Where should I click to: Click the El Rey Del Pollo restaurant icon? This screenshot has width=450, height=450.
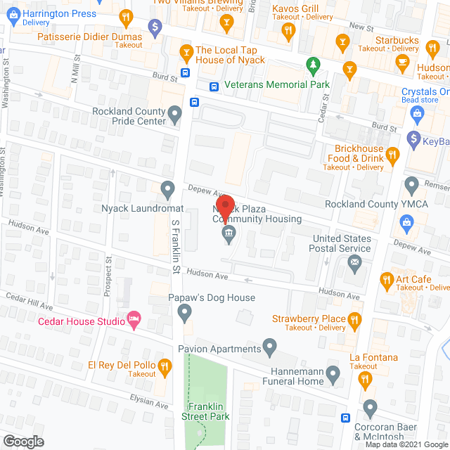click(165, 365)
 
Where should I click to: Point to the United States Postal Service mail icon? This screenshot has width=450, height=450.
click(354, 265)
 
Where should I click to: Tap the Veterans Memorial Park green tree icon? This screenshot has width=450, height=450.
click(314, 66)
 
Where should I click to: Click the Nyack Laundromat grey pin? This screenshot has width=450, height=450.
click(167, 188)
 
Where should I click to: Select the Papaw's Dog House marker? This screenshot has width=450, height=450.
click(184, 310)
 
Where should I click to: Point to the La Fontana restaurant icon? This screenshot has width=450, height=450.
click(364, 379)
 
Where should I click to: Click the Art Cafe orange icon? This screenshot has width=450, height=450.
click(386, 281)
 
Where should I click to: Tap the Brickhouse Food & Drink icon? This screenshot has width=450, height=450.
click(393, 154)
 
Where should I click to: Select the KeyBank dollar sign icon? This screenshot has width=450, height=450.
click(414, 139)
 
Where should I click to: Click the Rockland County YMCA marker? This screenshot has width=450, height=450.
click(412, 184)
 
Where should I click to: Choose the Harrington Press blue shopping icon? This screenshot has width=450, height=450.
click(13, 14)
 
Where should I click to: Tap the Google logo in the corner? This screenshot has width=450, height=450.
click(22, 441)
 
